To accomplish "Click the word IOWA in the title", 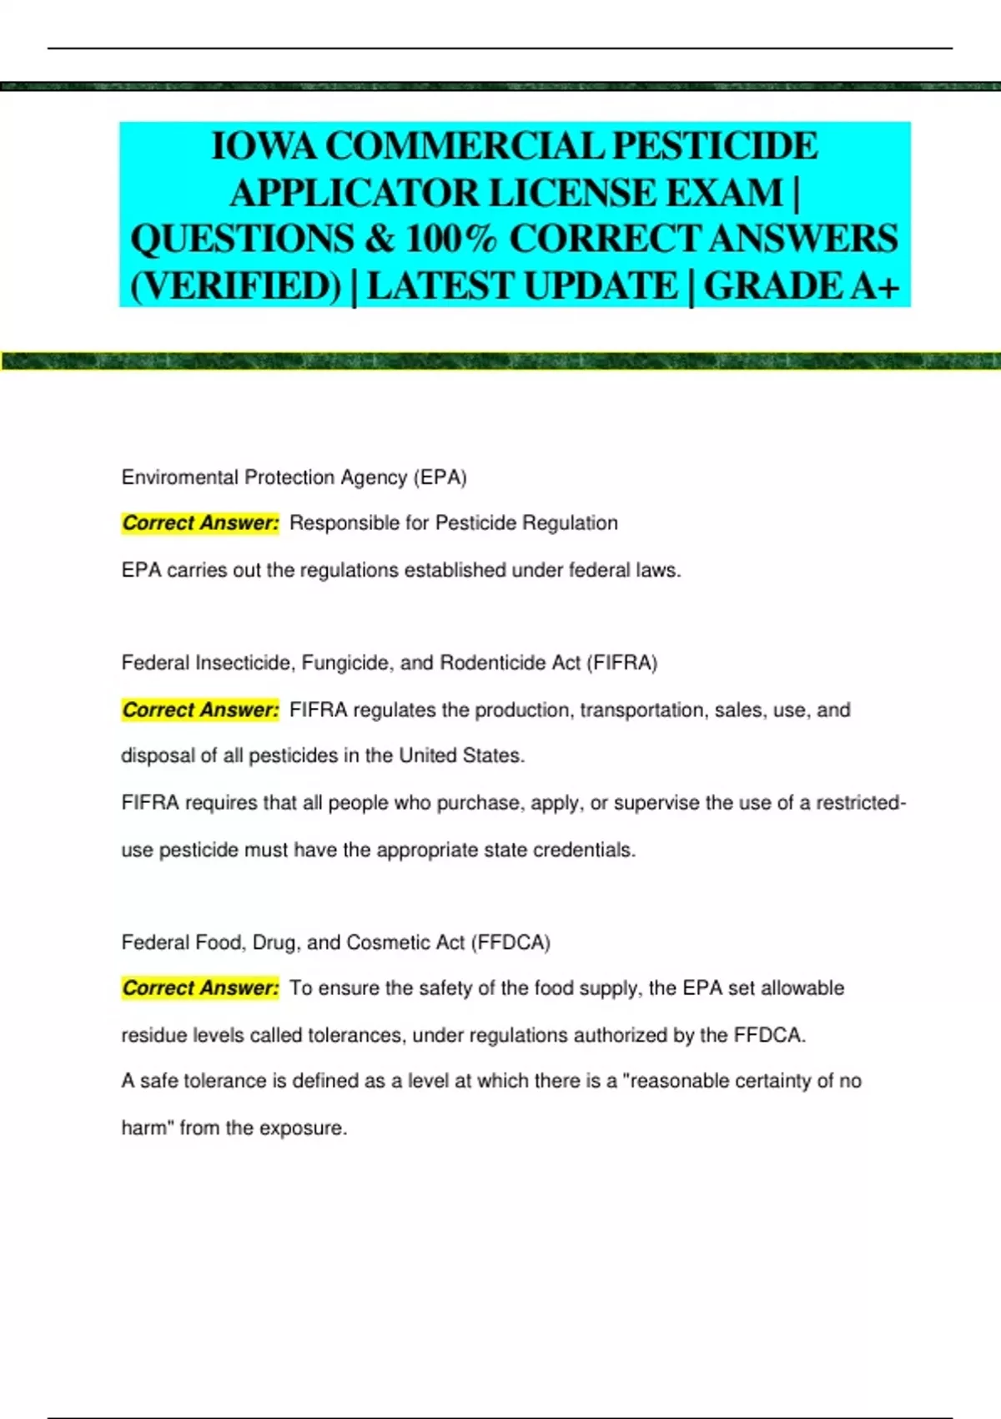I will (x=264, y=147).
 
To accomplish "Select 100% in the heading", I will (x=450, y=240).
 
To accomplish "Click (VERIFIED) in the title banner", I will (x=236, y=286).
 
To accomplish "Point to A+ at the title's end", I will (x=874, y=286).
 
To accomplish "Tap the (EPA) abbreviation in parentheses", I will (x=440, y=477).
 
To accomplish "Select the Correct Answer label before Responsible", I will (x=200, y=523).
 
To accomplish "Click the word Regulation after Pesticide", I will (x=571, y=523).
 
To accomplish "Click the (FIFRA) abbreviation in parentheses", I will (x=621, y=663).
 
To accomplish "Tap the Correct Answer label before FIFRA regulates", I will (x=200, y=710).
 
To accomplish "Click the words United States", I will (x=460, y=756).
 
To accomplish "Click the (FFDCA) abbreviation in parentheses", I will (x=511, y=942).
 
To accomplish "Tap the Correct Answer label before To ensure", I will (x=200, y=988).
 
